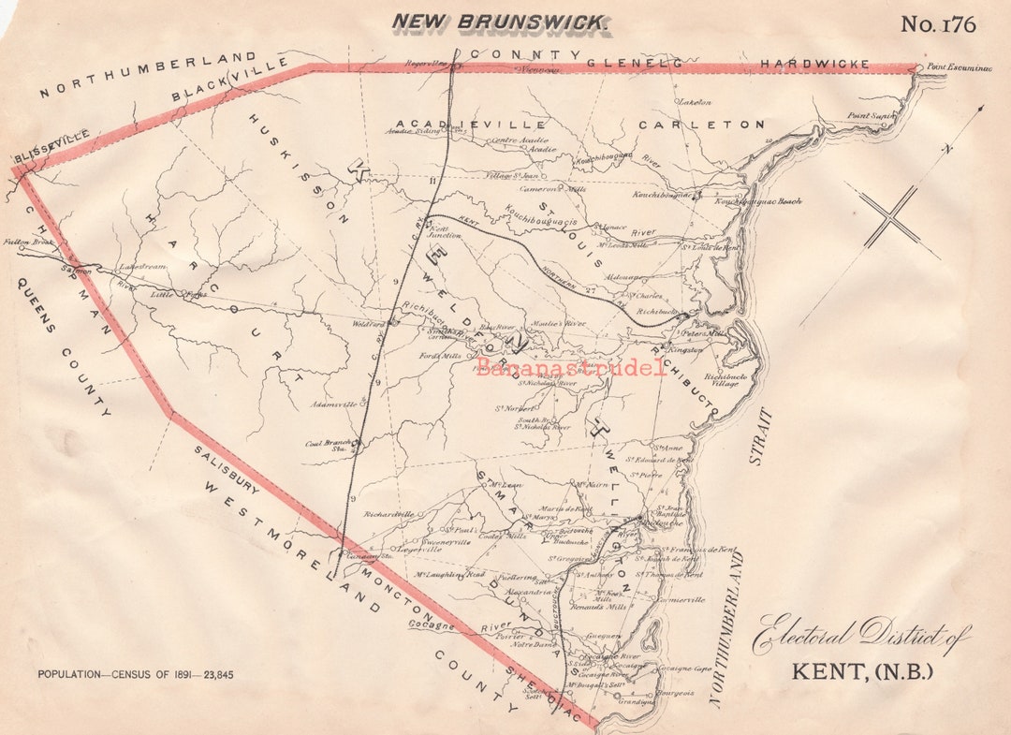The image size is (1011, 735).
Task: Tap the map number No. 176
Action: [938, 24]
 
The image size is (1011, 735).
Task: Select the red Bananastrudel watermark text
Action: [571, 367]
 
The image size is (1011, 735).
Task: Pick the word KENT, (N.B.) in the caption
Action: [862, 671]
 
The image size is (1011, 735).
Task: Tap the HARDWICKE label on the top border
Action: [813, 64]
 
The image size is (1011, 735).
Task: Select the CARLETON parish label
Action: [701, 125]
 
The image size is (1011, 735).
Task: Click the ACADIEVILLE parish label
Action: [470, 124]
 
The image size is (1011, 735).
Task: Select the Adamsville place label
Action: [331, 405]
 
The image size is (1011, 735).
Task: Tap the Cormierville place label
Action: [681, 600]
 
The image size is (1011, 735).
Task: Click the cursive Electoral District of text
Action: [861, 636]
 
